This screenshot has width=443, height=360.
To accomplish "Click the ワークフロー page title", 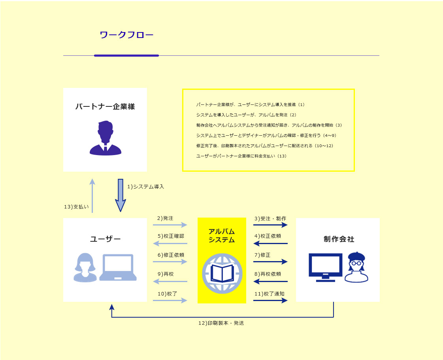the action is click(126, 35).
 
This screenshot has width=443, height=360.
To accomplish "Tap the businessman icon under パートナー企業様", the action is click(106, 138).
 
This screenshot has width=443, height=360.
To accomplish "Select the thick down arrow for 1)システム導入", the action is click(121, 195).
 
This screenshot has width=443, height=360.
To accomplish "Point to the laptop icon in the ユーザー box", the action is click(118, 267).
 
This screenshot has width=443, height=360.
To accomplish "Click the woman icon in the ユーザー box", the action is click(85, 267).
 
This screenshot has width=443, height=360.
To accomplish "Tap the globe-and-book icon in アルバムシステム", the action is click(222, 273).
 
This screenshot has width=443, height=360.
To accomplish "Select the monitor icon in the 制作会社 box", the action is click(326, 267).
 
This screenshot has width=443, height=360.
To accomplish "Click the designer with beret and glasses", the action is click(356, 267).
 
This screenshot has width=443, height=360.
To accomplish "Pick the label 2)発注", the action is click(165, 218).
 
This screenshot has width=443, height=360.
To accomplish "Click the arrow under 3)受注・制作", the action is click(270, 225).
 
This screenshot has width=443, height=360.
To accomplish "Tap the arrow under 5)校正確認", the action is click(170, 243).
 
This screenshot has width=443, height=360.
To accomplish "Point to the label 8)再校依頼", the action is click(268, 274).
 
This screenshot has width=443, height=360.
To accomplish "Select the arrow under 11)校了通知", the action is click(270, 300).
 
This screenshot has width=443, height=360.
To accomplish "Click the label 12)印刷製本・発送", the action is click(221, 323).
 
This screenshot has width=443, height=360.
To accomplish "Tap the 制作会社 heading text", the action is click(339, 239).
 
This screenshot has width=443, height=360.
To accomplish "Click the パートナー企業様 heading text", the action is click(105, 106).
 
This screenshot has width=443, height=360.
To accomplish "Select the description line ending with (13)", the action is click(241, 156).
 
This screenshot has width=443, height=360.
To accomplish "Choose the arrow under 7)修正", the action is click(270, 261).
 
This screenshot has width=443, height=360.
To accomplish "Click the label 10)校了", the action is click(168, 294).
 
